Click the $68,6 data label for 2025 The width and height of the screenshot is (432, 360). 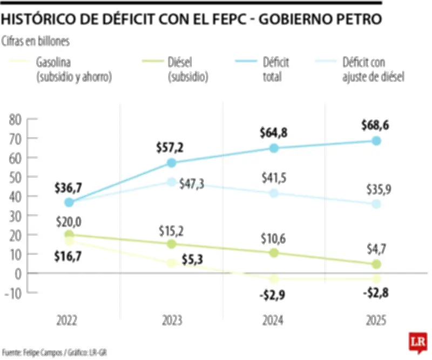375,126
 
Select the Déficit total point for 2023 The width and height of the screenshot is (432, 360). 171,163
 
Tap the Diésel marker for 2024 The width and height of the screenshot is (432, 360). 274,252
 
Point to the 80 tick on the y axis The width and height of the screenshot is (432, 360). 15,119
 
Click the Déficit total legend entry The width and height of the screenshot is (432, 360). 275,69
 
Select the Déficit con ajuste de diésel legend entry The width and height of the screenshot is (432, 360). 373,69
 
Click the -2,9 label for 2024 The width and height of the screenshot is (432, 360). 273,296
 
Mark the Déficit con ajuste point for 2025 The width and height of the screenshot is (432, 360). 376,204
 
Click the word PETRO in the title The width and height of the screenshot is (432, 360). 356,19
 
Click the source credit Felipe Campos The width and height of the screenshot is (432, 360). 43,352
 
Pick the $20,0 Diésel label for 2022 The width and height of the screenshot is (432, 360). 69,221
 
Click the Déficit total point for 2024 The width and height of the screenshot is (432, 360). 274,148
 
